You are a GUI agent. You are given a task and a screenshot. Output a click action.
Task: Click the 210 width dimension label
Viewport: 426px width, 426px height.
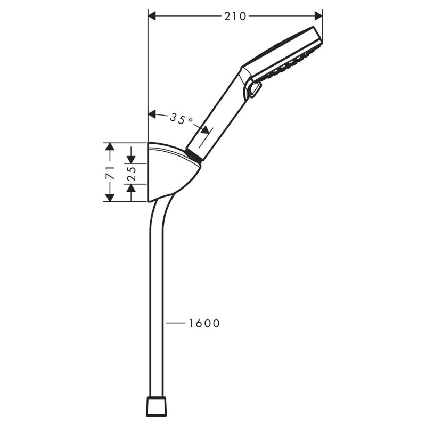click(x=235, y=16)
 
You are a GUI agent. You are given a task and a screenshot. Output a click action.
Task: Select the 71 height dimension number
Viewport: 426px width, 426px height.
click(x=110, y=172)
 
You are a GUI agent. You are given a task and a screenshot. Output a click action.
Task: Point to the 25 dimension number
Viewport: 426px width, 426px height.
click(x=132, y=172)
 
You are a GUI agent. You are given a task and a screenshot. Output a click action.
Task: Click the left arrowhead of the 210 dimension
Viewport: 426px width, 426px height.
click(x=152, y=16)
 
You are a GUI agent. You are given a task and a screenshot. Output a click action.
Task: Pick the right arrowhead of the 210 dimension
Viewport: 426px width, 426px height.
click(x=318, y=16)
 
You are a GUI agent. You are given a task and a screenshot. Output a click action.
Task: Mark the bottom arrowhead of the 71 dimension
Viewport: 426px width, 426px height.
click(x=110, y=197)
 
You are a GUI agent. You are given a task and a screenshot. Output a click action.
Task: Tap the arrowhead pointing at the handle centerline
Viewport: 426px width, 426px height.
click(x=205, y=130)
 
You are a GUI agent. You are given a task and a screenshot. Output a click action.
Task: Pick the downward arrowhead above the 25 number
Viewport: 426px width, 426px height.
click(x=132, y=159)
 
